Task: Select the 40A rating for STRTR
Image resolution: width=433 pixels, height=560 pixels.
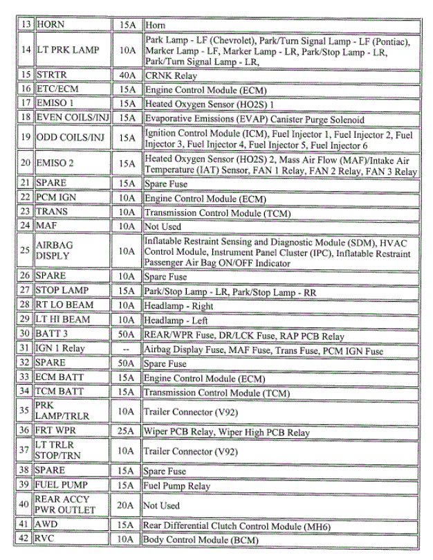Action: tap(127, 75)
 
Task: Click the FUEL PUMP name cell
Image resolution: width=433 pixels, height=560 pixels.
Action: tap(65, 486)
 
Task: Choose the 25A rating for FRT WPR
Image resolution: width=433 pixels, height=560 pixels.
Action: tap(127, 433)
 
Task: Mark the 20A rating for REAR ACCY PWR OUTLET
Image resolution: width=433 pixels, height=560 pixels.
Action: tap(127, 506)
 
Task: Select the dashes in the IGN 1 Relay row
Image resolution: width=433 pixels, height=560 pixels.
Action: tap(127, 350)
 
